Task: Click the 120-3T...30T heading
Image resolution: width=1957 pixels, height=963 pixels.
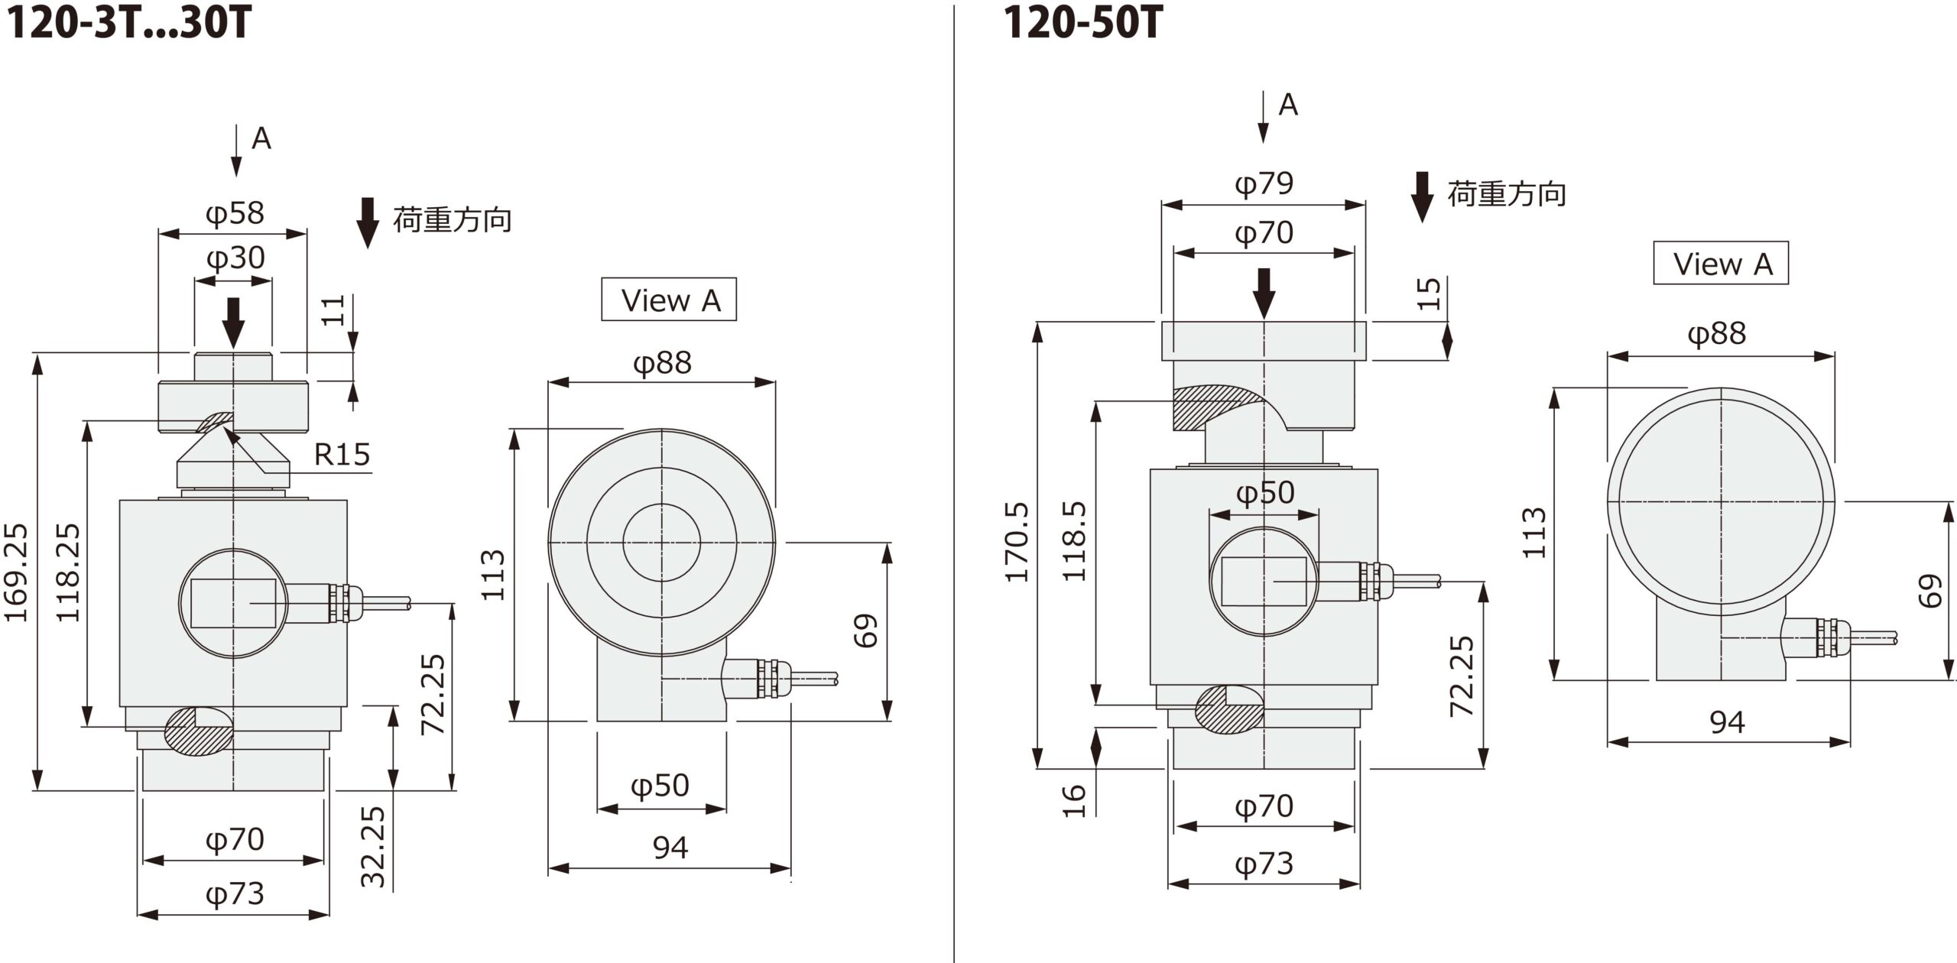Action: click(x=128, y=23)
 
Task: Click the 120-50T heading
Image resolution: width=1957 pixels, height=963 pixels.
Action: click(x=1082, y=23)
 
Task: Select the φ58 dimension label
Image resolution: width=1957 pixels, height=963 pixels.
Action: click(x=235, y=213)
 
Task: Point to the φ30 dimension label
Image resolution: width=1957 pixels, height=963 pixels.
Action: click(x=235, y=258)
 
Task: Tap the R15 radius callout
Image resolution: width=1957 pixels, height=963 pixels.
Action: click(x=342, y=455)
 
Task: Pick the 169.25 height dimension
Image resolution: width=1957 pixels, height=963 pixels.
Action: click(x=17, y=572)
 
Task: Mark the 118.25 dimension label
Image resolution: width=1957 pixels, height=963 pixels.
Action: click(x=69, y=572)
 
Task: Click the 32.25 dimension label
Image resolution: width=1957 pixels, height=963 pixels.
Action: click(x=373, y=846)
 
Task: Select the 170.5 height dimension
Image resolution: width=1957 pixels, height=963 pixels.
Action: click(x=1017, y=542)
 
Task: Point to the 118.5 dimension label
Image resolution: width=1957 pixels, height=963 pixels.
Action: click(x=1076, y=542)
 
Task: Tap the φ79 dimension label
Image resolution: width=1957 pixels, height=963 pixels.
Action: click(x=1264, y=183)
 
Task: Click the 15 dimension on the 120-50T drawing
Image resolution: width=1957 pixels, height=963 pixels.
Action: click(x=1429, y=293)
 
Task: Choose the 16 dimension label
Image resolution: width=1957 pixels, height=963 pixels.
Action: click(x=1075, y=801)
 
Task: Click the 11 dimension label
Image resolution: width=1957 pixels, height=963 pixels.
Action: click(x=333, y=310)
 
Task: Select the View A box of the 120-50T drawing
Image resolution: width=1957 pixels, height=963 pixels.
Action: click(x=1721, y=264)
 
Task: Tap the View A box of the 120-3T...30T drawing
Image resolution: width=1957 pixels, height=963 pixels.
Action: click(x=669, y=300)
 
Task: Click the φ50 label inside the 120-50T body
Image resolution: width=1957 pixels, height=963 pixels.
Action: click(x=1265, y=493)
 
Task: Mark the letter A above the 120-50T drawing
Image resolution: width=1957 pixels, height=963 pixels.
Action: click(x=1288, y=105)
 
